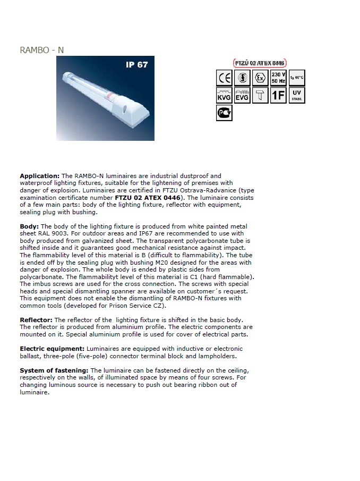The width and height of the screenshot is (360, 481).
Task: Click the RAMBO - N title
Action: pyautogui.click(x=42, y=50)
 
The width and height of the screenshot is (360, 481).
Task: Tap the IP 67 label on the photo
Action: pyautogui.click(x=136, y=65)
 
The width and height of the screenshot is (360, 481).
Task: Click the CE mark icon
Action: pyautogui.click(x=225, y=78)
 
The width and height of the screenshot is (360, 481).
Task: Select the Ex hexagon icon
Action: pyautogui.click(x=260, y=78)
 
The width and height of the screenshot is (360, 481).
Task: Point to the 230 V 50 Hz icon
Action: pyautogui.click(x=278, y=78)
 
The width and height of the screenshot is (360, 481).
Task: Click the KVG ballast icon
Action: pyautogui.click(x=225, y=96)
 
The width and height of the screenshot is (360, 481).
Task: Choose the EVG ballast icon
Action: pyautogui.click(x=242, y=96)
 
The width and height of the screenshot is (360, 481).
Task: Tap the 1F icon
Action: pyautogui.click(x=278, y=96)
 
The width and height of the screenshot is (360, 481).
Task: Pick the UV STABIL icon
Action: pyautogui.click(x=297, y=96)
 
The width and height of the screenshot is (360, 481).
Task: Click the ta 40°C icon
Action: pyautogui.click(x=297, y=78)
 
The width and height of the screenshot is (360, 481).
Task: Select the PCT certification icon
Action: pyautogui.click(x=225, y=113)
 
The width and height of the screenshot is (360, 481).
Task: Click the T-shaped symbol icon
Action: pyautogui.click(x=260, y=96)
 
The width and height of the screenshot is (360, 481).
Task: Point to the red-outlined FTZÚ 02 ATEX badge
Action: pyautogui.click(x=260, y=63)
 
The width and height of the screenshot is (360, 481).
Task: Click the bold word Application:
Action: pyautogui.click(x=40, y=176)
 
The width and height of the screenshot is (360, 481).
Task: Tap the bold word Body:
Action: pyautogui.click(x=29, y=226)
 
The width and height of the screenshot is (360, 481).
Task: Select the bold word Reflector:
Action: pyautogui.click(x=36, y=320)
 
